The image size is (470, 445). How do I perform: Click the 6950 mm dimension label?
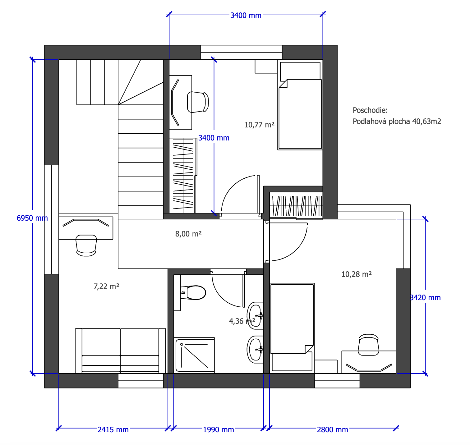click(32, 218)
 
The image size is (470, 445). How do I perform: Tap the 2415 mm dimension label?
click(113, 430)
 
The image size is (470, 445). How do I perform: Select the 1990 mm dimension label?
click(219, 430)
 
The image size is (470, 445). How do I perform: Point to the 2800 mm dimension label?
click(333, 430)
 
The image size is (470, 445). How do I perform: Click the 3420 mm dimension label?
click(425, 298)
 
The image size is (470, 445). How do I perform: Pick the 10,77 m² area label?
click(260, 125)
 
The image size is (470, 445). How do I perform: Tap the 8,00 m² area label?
click(188, 234)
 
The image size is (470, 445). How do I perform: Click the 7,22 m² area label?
click(106, 286)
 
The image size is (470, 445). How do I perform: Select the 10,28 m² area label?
click(357, 274)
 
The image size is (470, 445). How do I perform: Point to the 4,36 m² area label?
click(242, 321)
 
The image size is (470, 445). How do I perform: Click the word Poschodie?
click(370, 110)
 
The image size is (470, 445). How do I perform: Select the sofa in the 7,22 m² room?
click(121, 351)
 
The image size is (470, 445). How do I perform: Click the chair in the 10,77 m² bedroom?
click(198, 102)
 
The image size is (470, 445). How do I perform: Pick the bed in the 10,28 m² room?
click(292, 328)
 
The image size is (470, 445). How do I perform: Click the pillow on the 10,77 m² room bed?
click(300, 71)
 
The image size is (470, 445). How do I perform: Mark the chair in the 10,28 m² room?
click(369, 345)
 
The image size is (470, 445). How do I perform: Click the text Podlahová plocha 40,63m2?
click(397, 122)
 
